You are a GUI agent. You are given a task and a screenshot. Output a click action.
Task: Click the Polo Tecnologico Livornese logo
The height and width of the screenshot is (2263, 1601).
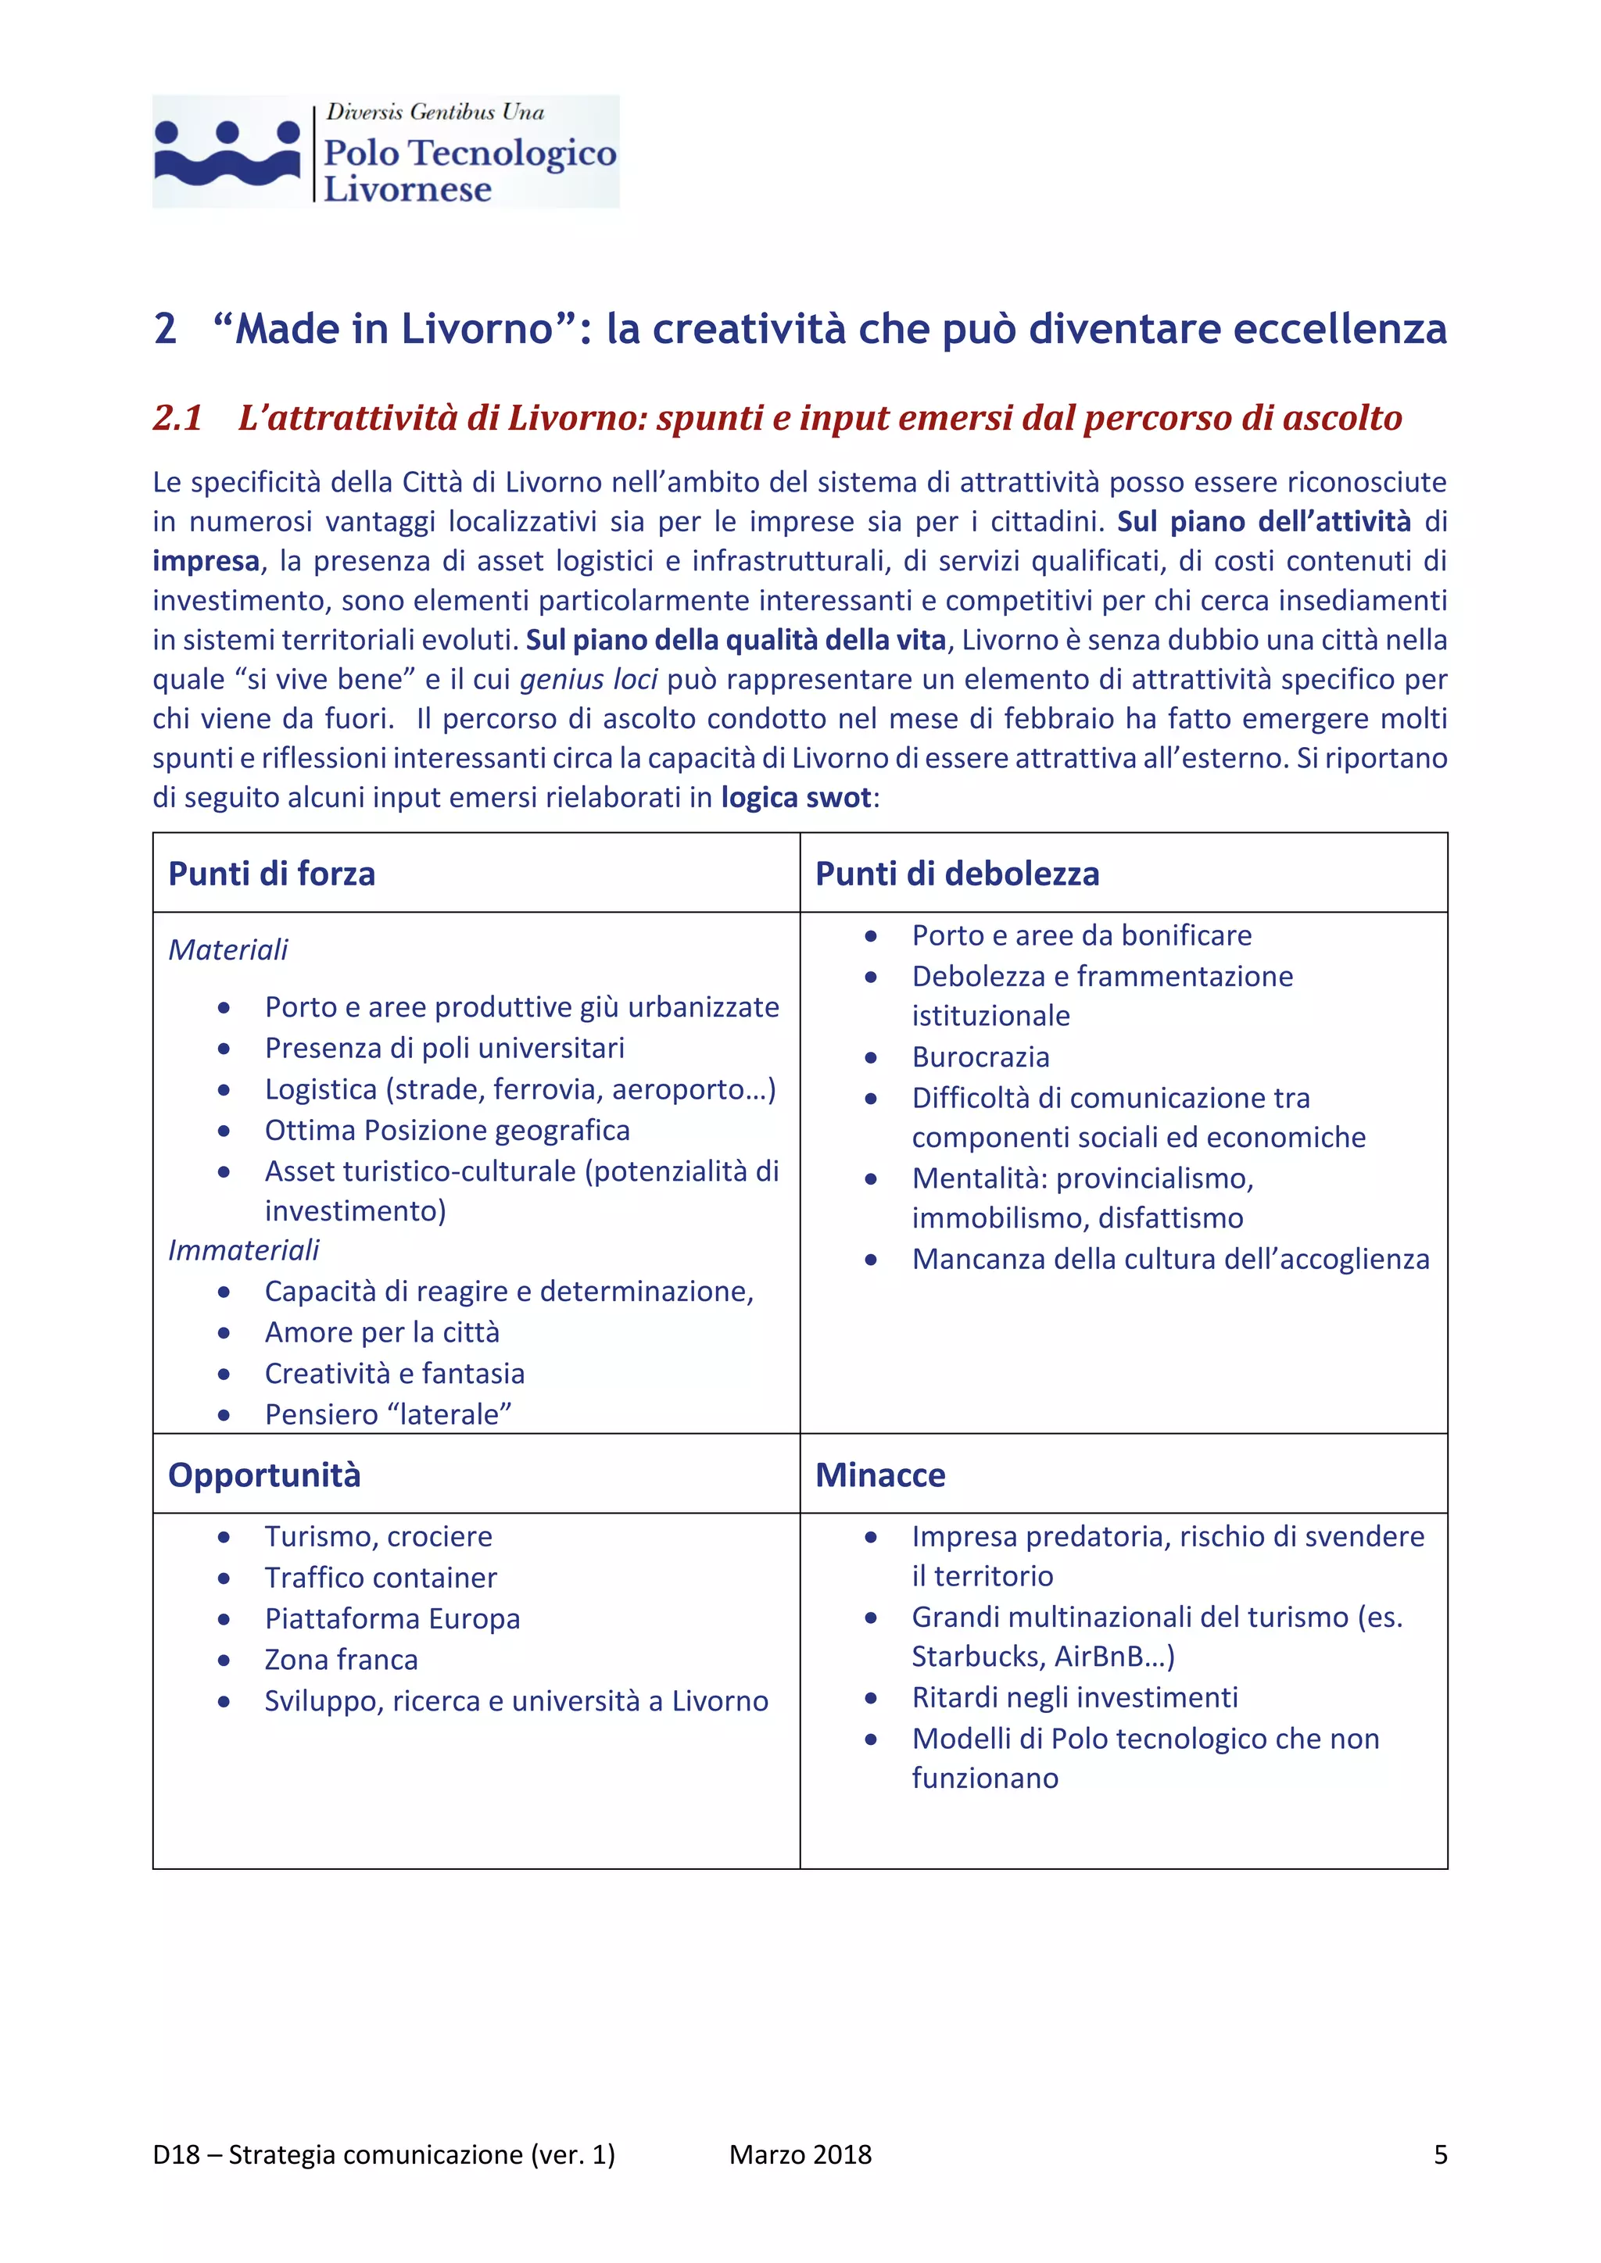pos(385,152)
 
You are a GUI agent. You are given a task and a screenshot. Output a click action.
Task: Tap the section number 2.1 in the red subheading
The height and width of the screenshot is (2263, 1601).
pos(177,418)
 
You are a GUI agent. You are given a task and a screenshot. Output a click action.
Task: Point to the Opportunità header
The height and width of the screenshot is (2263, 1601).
pos(264,1475)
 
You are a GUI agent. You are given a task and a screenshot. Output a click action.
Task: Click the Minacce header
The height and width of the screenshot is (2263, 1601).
pos(879,1475)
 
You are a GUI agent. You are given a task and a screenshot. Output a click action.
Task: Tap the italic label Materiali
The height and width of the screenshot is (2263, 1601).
pos(227,950)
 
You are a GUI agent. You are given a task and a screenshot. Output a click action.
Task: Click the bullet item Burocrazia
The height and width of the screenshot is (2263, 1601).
pos(980,1057)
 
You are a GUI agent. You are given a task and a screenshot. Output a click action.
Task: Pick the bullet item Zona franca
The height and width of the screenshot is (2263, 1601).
pos(341,1661)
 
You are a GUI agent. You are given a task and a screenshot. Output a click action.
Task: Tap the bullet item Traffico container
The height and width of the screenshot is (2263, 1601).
pos(381,1578)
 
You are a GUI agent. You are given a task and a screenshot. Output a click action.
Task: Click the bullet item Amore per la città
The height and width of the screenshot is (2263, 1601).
pos(381,1332)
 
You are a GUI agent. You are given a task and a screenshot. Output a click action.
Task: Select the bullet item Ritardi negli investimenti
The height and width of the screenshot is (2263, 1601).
pos(1075,1698)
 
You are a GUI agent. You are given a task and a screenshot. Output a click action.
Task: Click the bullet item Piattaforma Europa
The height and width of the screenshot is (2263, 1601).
pos(392,1619)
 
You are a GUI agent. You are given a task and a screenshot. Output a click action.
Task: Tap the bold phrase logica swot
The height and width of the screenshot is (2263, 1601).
pos(796,797)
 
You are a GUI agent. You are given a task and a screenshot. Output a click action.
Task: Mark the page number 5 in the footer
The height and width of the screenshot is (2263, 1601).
pos(1439,2154)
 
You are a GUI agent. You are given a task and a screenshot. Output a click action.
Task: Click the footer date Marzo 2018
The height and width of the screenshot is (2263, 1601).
pos(800,2154)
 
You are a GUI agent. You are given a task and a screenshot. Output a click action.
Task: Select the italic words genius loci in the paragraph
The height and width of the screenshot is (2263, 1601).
pos(588,680)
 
